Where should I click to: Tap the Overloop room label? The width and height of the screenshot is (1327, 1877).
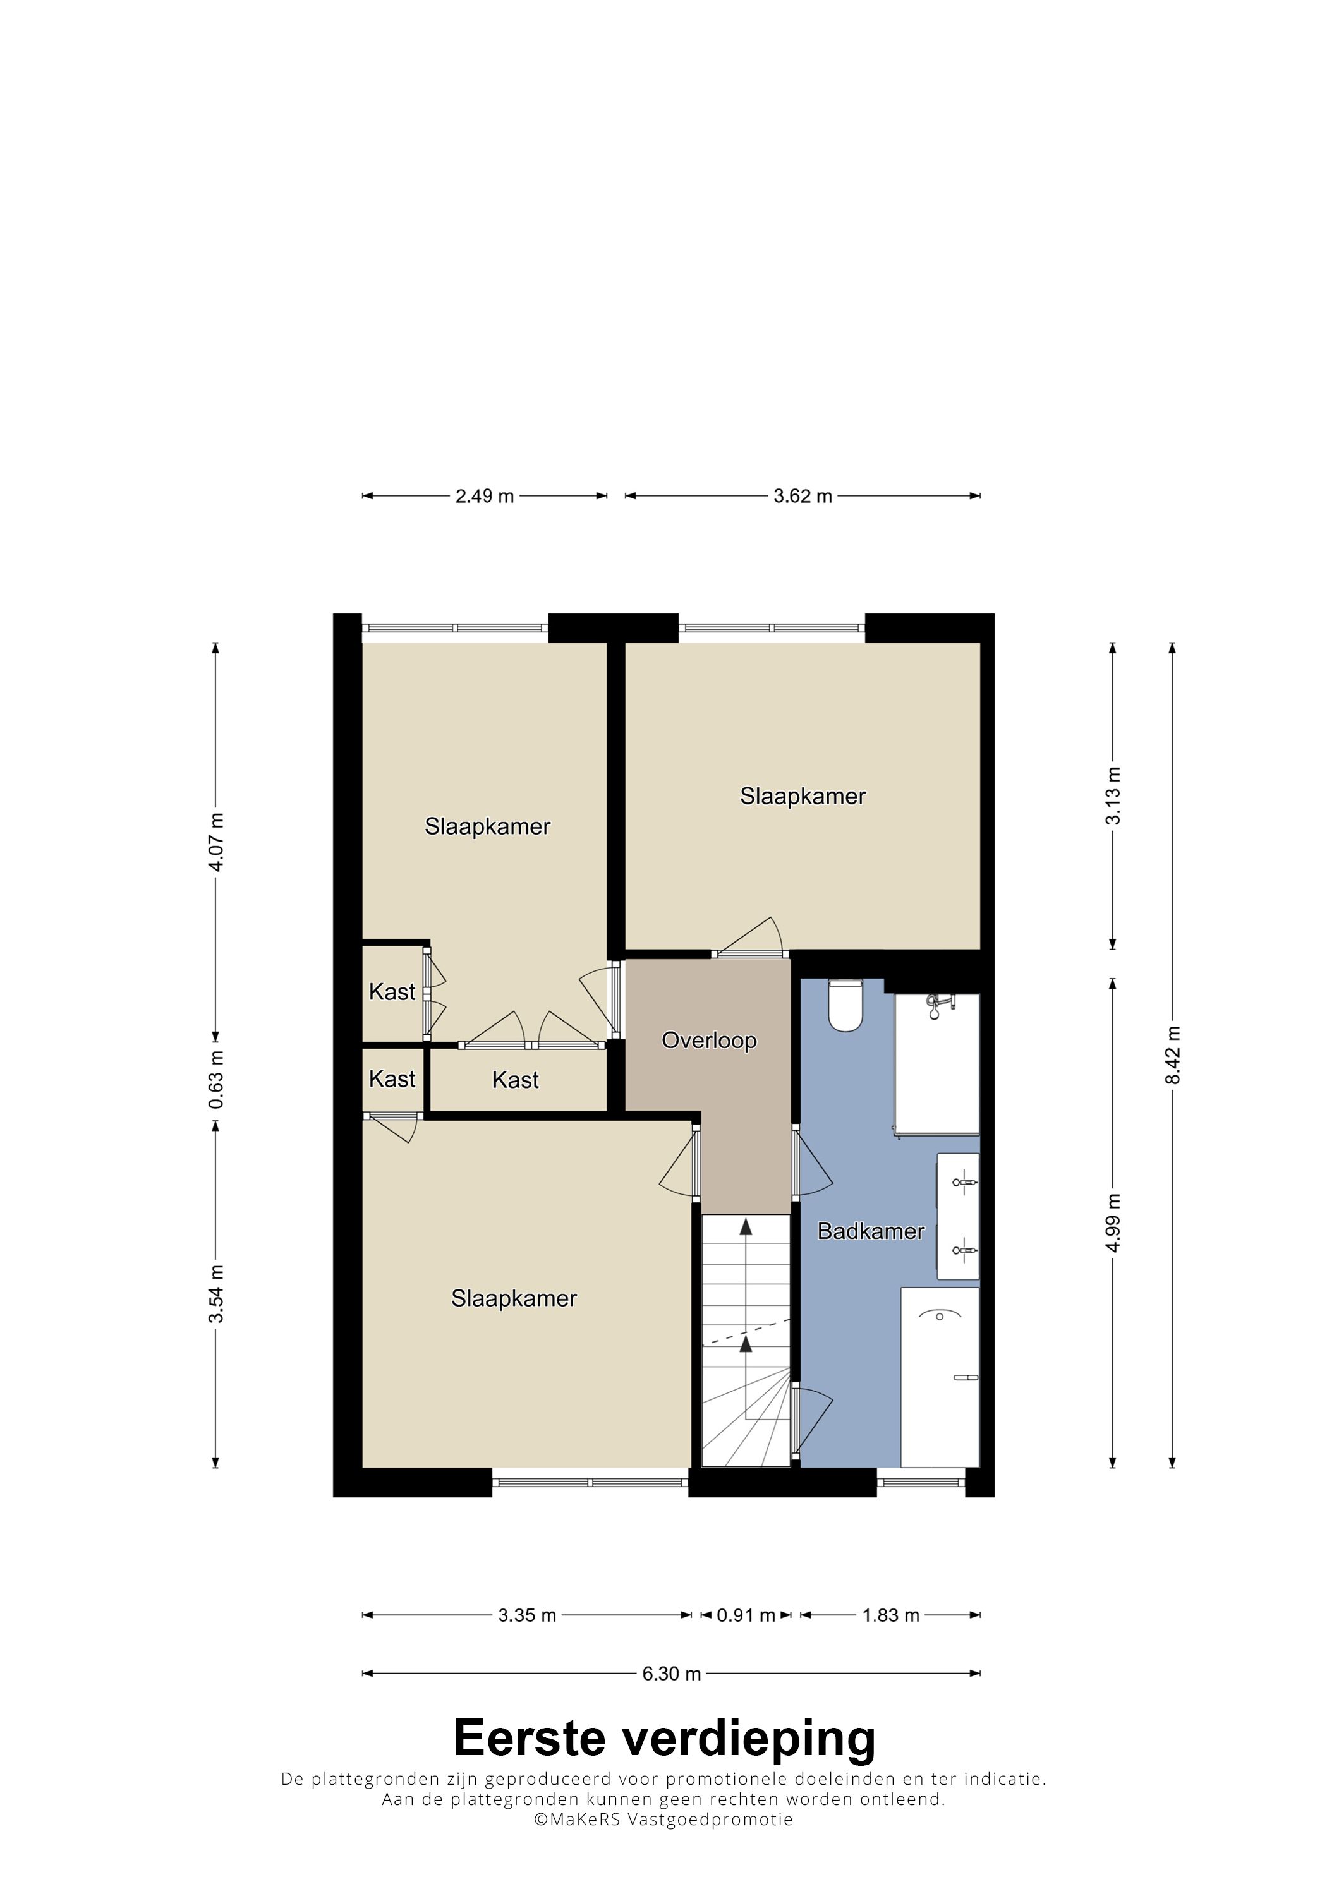[x=709, y=1041]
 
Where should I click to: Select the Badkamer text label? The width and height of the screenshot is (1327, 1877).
[x=871, y=1231]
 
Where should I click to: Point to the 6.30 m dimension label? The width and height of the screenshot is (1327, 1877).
[x=671, y=1674]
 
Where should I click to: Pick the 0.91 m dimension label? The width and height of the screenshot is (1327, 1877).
[x=746, y=1615]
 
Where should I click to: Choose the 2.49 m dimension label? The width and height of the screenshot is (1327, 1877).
[x=485, y=496]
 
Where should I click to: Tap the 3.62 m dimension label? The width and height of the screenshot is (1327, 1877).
[x=803, y=496]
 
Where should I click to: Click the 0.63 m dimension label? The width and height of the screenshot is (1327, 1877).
[x=216, y=1079]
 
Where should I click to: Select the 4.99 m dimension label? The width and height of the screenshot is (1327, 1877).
[x=1113, y=1223]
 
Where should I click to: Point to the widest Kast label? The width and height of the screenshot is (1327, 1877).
[x=515, y=1080]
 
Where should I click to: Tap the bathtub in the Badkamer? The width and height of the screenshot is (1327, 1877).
[x=940, y=1377]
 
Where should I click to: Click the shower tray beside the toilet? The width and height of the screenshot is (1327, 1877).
[x=937, y=1065]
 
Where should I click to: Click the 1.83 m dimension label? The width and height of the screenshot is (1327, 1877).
[x=890, y=1615]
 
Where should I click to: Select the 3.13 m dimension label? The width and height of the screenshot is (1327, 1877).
[x=1113, y=796]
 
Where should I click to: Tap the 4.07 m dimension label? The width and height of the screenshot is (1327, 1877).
[x=216, y=843]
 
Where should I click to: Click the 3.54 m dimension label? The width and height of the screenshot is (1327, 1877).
[x=216, y=1294]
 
